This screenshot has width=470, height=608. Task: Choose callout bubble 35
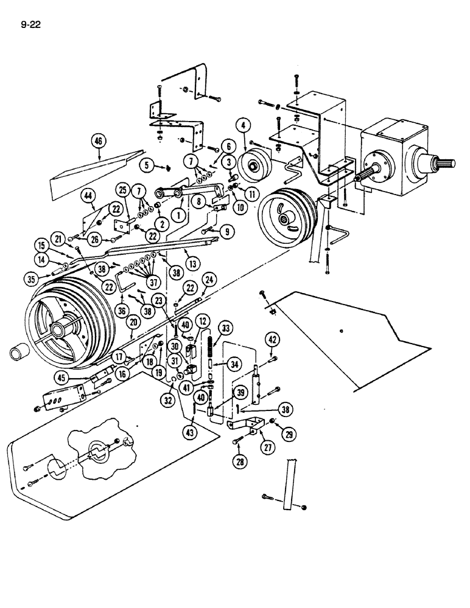coord(31,279)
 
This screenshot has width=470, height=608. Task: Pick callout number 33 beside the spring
coord(227,328)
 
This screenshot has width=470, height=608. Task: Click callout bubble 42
coord(273,339)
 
